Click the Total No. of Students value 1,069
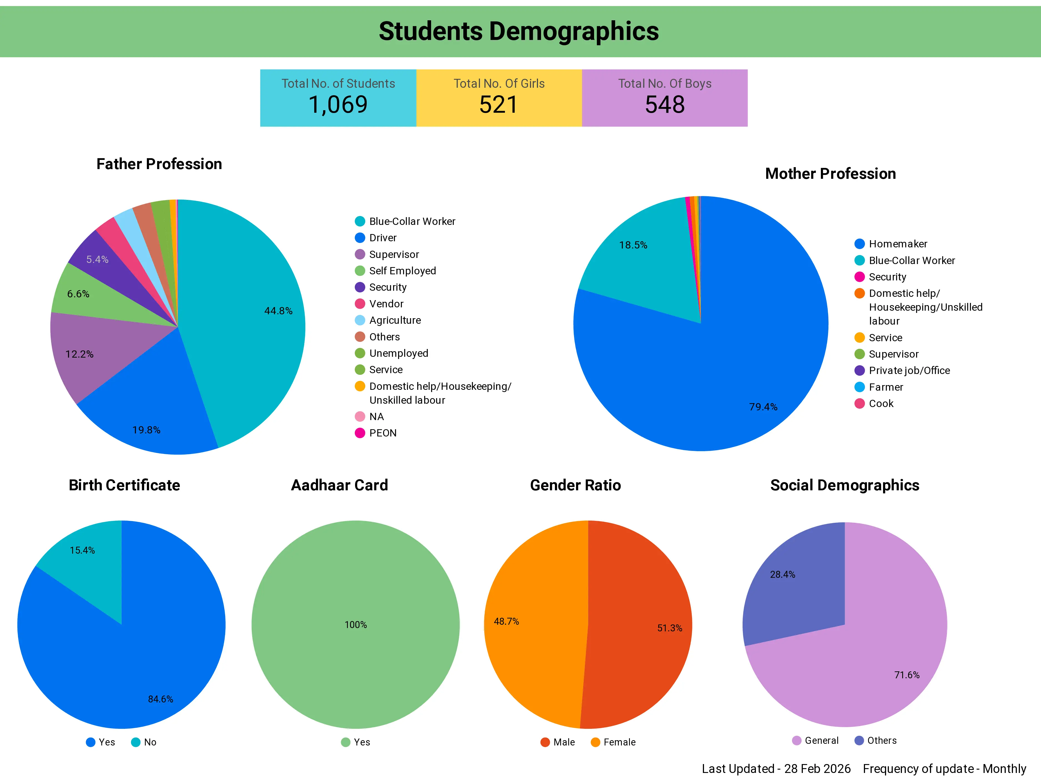[338, 104]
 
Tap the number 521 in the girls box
[498, 104]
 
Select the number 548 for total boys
[665, 104]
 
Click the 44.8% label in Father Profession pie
[278, 311]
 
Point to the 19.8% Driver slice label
[146, 430]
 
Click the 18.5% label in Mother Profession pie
[633, 245]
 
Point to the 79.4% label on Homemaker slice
[763, 407]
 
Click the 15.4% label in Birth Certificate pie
[82, 550]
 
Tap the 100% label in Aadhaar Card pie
[356, 625]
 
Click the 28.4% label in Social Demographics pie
[782, 574]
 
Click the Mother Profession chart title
[830, 174]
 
